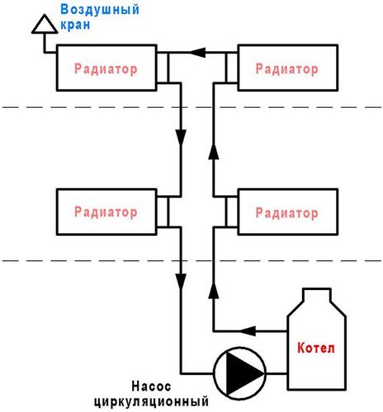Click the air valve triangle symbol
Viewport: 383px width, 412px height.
pos(45,25)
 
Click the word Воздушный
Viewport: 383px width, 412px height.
pos(100,10)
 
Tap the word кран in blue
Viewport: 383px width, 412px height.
pos(75,25)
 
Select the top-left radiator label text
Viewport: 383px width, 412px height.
pos(106,69)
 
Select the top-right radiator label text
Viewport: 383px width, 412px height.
pos(287,68)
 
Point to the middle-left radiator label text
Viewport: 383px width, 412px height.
pos(106,212)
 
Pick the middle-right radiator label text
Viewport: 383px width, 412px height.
pos(287,213)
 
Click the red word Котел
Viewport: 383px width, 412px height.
pos(316,348)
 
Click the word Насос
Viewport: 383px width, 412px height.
pos(151,386)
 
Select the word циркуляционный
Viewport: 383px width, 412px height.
pos(151,402)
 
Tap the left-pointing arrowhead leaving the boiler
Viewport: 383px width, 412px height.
pos(248,331)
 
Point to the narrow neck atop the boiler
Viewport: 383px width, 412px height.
pos(316,294)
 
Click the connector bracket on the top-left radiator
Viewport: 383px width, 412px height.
pos(163,68)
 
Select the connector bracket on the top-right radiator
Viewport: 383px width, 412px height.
pos(232,68)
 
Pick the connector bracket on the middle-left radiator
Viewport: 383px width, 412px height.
pos(163,212)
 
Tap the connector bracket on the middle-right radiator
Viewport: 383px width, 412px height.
pos(232,212)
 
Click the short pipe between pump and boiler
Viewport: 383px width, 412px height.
pos(277,373)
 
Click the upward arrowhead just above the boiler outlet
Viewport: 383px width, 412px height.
pos(214,291)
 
